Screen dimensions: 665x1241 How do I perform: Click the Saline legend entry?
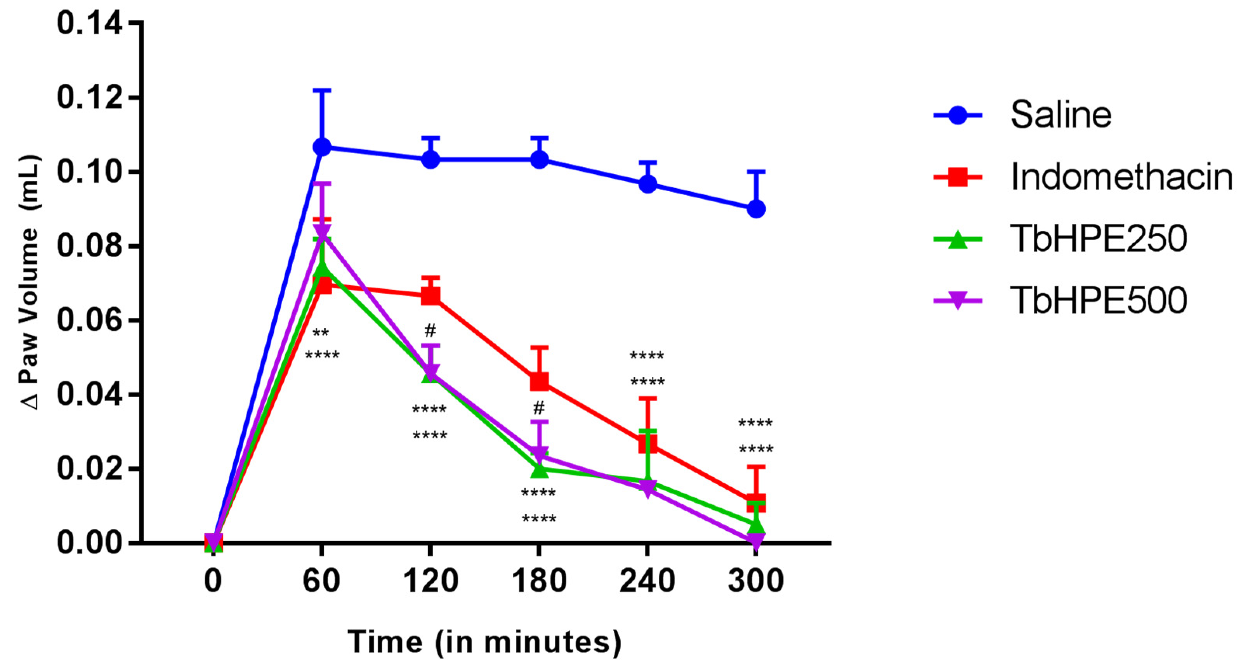pos(1060,115)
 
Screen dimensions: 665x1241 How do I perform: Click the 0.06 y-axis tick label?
pos(89,320)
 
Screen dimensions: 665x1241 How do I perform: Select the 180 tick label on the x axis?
pos(539,581)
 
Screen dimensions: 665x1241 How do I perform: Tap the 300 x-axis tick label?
pos(755,581)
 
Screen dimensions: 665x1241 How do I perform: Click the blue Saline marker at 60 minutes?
pos(322,147)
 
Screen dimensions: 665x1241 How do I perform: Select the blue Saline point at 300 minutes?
pos(756,209)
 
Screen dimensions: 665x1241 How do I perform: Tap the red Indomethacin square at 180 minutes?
pos(539,381)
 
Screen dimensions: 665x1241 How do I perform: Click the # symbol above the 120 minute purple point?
pos(430,331)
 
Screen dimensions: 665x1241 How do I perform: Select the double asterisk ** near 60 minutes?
pos(321,333)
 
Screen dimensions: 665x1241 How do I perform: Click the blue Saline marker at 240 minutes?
pos(647,184)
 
